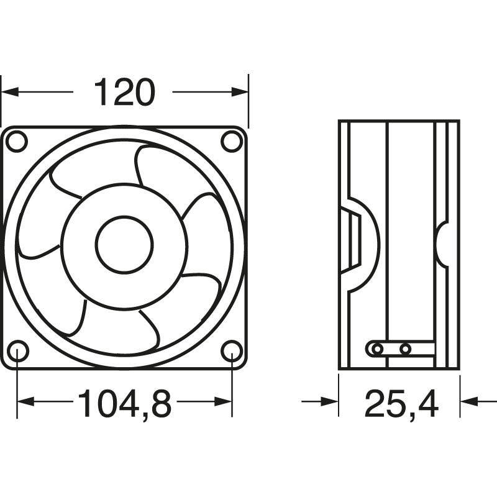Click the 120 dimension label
pos(124,93)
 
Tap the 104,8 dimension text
pos(124,403)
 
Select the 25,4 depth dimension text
pos(401,403)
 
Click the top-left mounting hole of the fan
pos(17,141)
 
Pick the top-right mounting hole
pos(232,141)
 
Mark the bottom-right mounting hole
pos(232,352)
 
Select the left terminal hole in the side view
pos(376,350)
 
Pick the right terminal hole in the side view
pos(405,350)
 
